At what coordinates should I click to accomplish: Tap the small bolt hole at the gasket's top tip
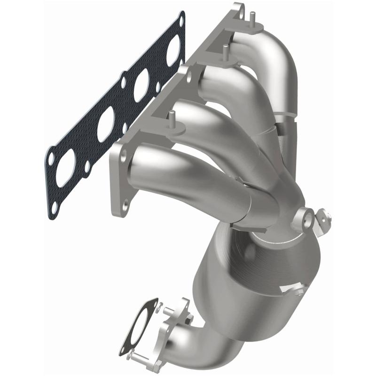coord(180,19)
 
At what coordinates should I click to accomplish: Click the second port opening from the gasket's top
coord(141,84)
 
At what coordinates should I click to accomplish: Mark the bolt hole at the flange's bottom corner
coord(125,204)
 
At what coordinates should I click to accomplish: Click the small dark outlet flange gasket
coord(137,329)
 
